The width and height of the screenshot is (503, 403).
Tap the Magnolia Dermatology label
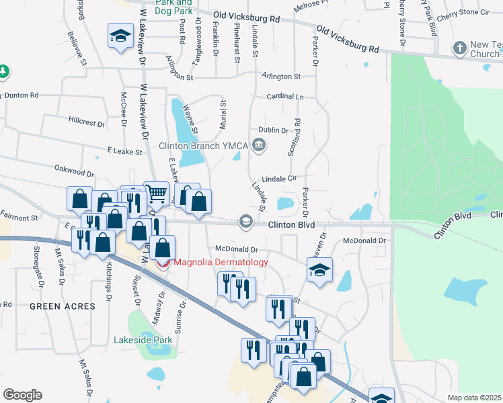[x=221, y=263]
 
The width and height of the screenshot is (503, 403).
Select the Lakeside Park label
[x=143, y=340]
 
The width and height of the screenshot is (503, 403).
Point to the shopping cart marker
[x=157, y=194]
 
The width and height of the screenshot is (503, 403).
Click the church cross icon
[x=459, y=48]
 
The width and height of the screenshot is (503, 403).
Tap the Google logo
[x=22, y=395]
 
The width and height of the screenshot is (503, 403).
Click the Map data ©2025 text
[x=473, y=398]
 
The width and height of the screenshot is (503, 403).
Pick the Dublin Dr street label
[x=274, y=130]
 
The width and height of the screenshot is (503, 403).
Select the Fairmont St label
[x=19, y=218]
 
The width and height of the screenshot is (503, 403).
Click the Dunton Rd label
[x=22, y=95]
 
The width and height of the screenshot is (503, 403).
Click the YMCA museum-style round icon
[x=258, y=145]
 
